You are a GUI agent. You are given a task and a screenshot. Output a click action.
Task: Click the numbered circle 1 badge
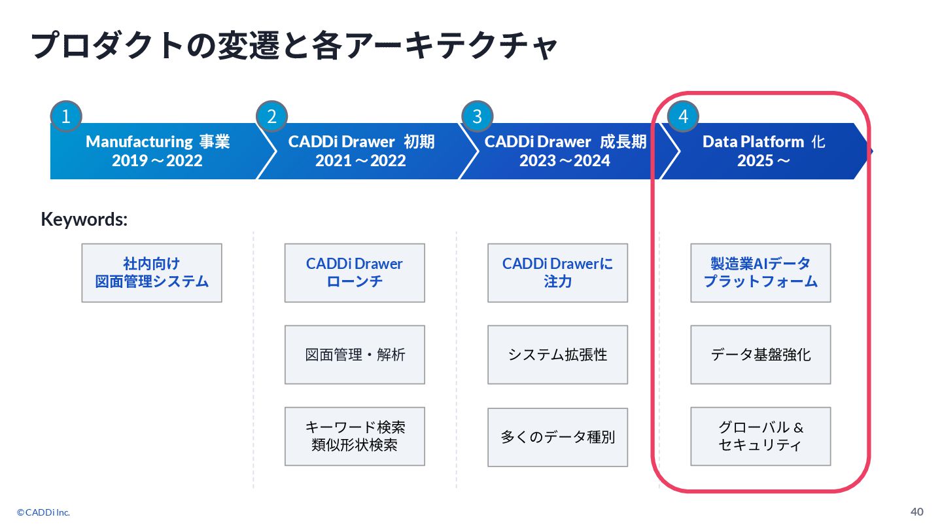[66, 116]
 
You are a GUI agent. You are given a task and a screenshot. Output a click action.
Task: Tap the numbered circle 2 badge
[271, 116]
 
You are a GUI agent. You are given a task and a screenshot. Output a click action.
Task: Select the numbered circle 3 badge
[477, 116]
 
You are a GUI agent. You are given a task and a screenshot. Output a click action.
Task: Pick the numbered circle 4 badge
[683, 116]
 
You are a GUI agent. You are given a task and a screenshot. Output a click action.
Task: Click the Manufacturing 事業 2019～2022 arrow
[157, 151]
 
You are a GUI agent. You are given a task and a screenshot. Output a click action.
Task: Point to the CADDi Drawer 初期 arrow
[361, 151]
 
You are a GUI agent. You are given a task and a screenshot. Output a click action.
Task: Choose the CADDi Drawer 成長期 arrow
[565, 151]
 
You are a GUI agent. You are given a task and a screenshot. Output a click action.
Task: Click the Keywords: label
[84, 219]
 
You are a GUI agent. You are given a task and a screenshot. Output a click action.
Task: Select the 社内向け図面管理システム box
[152, 273]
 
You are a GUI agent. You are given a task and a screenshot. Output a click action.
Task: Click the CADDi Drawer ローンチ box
[355, 273]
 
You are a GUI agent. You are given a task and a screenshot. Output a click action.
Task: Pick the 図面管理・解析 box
[355, 355]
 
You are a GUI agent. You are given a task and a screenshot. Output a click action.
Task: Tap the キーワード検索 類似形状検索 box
[355, 436]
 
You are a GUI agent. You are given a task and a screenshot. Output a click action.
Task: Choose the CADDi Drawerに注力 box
[557, 273]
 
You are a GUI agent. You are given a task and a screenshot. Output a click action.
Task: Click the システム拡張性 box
[557, 355]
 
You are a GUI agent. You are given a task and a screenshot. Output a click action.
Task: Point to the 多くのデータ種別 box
[557, 437]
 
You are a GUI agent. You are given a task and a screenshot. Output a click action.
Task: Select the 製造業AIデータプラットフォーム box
[760, 273]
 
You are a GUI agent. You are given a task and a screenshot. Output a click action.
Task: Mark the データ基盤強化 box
[760, 355]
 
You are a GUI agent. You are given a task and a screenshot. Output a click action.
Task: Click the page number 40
[917, 511]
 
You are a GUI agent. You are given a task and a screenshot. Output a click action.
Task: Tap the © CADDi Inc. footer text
[44, 512]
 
